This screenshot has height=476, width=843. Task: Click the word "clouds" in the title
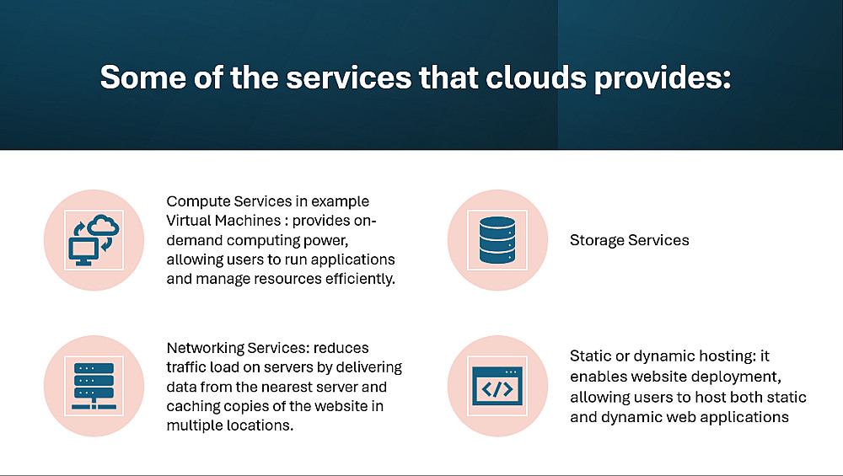[536, 78]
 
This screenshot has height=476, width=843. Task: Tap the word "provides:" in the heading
[663, 78]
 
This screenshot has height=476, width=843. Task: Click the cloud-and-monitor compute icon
[94, 240]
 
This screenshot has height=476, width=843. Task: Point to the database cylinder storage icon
[497, 240]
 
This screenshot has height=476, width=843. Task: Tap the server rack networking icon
[94, 387]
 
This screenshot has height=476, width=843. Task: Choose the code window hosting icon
[497, 387]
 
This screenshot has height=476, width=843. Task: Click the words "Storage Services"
[630, 240]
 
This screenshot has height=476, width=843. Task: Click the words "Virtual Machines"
[223, 220]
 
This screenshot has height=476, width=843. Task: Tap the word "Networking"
[206, 348]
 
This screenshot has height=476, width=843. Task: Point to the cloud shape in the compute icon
[103, 225]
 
